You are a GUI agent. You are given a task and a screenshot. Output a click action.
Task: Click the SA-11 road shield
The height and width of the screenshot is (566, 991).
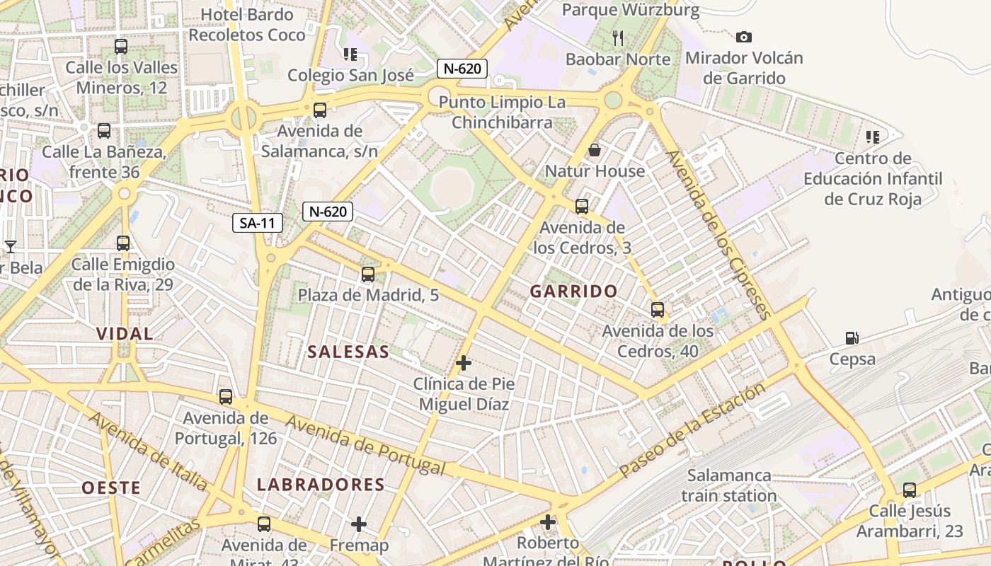pos(258,224)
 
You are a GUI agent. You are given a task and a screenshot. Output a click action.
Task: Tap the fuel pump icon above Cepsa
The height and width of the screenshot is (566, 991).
pos(852,339)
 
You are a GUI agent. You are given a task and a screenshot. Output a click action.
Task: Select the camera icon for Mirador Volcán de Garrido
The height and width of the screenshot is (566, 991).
pos(743,37)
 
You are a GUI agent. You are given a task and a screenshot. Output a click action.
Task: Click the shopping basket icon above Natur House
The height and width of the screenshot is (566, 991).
pos(595,150)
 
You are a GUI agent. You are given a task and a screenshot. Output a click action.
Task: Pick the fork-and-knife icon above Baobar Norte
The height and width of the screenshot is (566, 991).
pos(618,38)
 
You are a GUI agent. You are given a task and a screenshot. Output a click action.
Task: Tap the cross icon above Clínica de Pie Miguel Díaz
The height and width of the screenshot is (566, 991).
pos(464,363)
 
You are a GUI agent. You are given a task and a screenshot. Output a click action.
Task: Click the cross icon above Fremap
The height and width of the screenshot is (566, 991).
pos(359,524)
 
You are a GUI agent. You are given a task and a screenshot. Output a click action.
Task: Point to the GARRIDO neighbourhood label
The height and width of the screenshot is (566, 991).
pos(573,291)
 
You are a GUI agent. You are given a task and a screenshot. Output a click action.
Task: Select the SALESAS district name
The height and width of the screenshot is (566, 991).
pos(348,352)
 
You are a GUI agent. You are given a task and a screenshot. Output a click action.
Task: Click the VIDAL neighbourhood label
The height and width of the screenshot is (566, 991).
pos(125,334)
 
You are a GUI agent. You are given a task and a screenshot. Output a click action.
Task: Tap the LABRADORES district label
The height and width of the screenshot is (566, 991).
pos(321,485)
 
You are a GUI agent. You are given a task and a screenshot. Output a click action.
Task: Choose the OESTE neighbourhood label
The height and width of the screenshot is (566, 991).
pos(111,487)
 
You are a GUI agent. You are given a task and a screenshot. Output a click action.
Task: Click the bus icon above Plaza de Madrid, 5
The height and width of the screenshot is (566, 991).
pos(368,275)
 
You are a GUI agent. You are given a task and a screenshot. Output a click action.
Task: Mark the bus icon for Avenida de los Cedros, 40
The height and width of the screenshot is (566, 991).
pos(658,310)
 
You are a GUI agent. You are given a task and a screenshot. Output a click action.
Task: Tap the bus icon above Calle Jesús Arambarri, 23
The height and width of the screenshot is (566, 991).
pos(910,490)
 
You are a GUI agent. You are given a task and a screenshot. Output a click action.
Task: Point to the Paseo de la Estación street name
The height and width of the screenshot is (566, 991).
pos(692,429)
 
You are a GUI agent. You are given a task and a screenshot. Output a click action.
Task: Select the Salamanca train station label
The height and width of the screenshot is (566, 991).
pos(729,485)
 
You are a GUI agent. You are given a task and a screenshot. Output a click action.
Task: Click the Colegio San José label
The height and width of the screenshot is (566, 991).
pos(350,76)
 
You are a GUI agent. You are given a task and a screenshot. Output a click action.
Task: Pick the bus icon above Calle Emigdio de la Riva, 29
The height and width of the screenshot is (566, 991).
pos(123,243)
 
